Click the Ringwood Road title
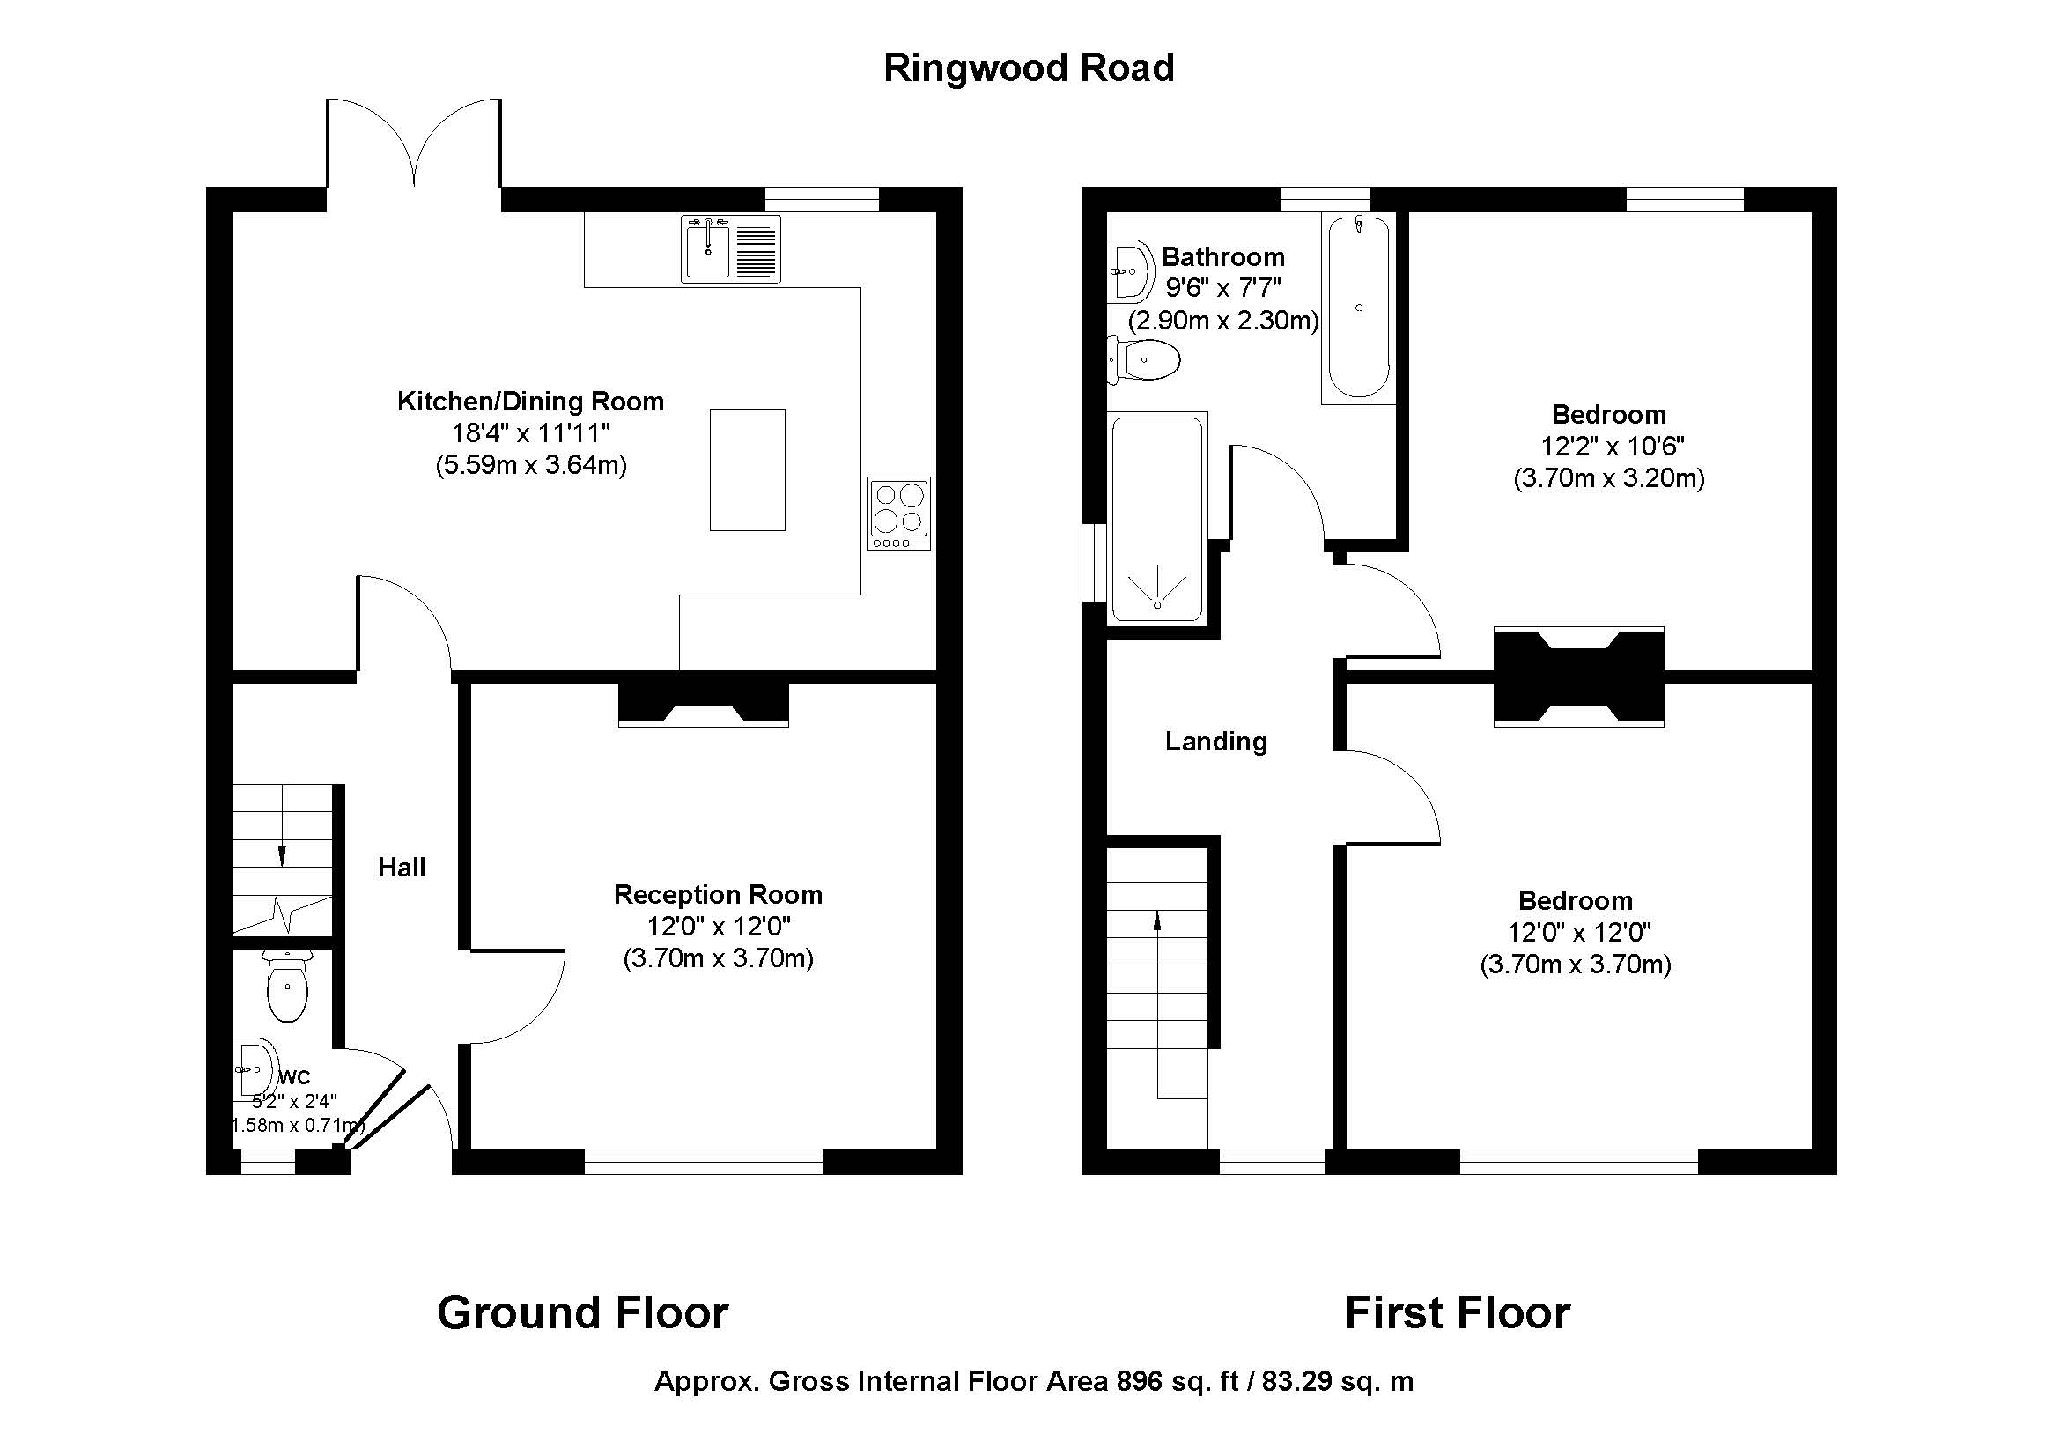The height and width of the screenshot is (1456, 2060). tap(1028, 68)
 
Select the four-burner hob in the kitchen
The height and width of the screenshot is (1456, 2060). tap(898, 513)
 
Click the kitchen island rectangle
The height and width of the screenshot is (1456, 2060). tap(747, 469)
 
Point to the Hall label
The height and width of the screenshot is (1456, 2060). tap(401, 867)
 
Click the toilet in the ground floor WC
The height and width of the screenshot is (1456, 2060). tap(287, 987)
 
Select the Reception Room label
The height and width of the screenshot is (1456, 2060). tap(718, 894)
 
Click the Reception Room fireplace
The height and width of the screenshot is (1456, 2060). tap(703, 705)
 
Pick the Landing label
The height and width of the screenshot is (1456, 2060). tap(1215, 741)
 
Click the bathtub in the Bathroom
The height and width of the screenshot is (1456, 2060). tap(1358, 307)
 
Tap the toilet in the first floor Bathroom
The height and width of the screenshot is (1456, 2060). tap(1146, 359)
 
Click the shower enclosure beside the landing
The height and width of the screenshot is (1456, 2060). tap(1156, 519)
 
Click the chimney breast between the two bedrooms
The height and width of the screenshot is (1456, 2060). tap(1578, 676)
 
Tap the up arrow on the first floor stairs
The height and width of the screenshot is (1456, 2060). tap(1157, 920)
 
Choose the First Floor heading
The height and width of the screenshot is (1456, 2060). tap(1457, 1312)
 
